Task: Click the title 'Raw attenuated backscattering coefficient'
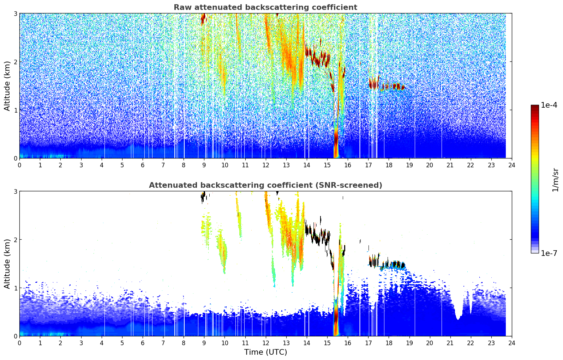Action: [265, 7]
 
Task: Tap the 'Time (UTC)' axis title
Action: [265, 352]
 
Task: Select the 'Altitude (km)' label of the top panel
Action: [7, 86]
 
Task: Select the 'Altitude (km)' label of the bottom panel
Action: [7, 264]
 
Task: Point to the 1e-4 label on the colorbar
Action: [549, 105]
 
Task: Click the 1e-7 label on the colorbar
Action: [549, 253]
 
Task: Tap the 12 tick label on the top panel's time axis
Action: [266, 165]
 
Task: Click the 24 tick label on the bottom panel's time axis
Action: [512, 343]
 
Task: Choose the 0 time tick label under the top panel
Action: [20, 165]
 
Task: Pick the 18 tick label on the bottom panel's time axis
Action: [389, 343]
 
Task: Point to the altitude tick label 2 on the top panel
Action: [15, 62]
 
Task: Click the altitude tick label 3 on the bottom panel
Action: [15, 191]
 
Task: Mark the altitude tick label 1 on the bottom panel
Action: [15, 288]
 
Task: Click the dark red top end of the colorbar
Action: [535, 107]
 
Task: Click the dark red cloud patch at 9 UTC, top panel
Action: [203, 19]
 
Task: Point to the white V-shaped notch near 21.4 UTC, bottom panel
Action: [458, 312]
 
